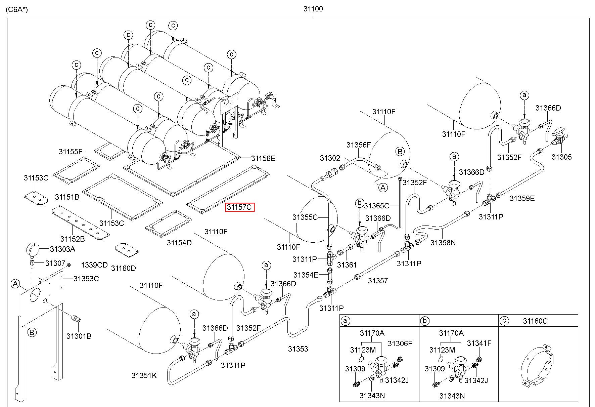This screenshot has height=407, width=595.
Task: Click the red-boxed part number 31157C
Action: [239, 207]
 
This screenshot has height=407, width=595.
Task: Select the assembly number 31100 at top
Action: [313, 9]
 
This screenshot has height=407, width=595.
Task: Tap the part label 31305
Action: [561, 157]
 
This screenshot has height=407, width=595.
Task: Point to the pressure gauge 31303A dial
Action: [33, 250]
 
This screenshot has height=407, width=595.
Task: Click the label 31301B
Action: [79, 336]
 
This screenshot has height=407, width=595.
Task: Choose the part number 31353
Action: [298, 349]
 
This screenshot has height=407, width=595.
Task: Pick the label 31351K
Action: [144, 375]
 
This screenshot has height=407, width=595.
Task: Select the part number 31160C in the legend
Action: [535, 321]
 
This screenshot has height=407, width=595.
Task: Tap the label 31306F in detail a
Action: [400, 343]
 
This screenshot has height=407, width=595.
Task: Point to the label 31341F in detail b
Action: [479, 343]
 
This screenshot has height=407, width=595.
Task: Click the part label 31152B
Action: [73, 239]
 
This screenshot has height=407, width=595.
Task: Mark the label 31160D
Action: [124, 268]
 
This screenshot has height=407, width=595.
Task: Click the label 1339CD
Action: [94, 265]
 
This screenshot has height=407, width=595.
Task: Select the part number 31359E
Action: [522, 198]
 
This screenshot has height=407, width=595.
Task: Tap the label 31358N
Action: [443, 243]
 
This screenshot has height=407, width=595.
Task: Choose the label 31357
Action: [378, 281]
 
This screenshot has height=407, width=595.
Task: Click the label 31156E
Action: [263, 158]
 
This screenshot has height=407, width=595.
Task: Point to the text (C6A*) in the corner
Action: [17, 9]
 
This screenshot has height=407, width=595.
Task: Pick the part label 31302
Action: [330, 158]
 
